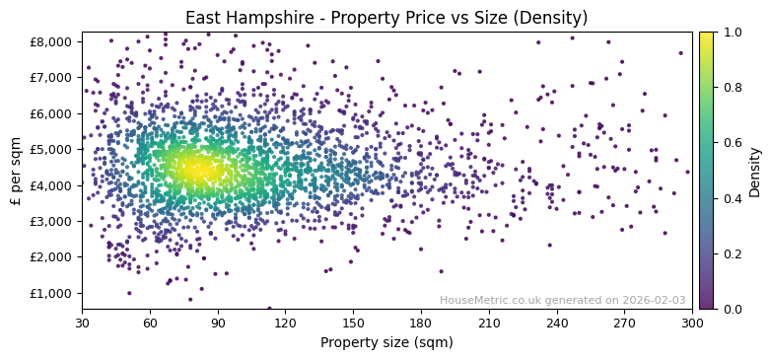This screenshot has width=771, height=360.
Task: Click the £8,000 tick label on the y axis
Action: point(51,41)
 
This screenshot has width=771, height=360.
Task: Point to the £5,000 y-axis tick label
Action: point(51,149)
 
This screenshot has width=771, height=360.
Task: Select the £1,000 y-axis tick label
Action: point(51,293)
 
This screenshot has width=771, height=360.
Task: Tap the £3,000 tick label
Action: point(51,221)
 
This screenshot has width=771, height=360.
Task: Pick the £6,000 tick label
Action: point(51,113)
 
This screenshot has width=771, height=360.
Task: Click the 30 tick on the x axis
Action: point(82,323)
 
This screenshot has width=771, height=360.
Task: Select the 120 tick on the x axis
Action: point(285,323)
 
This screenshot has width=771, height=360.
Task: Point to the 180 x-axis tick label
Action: point(421,323)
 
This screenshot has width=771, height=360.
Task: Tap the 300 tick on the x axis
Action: point(692,323)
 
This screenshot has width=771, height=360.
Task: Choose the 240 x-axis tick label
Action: point(556,323)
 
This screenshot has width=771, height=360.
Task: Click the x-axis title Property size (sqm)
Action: point(386,342)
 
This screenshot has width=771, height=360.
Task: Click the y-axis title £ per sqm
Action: point(16,170)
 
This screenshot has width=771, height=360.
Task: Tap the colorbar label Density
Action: point(755,170)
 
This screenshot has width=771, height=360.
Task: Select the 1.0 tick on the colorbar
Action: point(730,32)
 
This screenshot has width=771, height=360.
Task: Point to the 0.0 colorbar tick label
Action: point(730,309)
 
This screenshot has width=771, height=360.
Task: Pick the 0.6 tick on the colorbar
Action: point(730,142)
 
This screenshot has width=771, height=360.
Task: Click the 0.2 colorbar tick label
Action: point(730,253)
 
